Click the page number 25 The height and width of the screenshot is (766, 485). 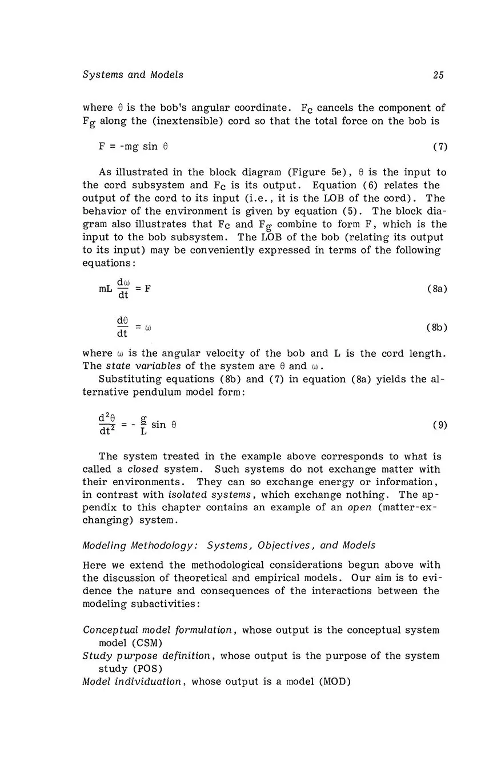tap(438, 75)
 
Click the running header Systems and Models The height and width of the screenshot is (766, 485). tap(133, 75)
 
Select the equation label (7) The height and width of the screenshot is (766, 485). tap(440, 147)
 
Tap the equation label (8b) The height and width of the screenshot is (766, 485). tap(437, 328)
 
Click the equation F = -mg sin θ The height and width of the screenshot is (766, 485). tap(133, 147)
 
